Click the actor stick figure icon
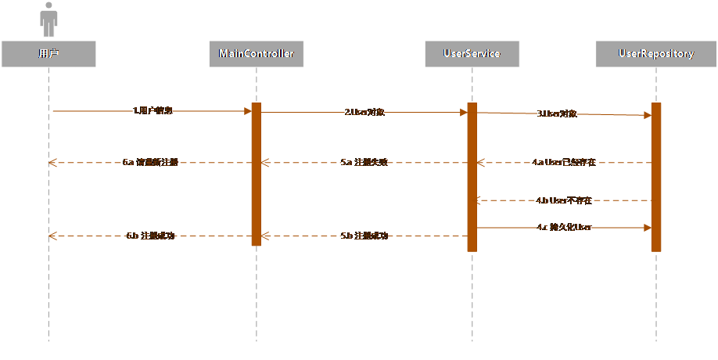tap(48, 19)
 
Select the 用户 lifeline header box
tap(48, 53)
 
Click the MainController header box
tap(256, 53)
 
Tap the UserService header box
tap(472, 53)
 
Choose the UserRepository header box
tap(655, 53)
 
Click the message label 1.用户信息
tap(153, 111)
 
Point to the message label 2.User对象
tap(364, 112)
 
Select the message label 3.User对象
tap(557, 113)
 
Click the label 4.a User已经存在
tap(564, 163)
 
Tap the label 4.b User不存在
tap(564, 200)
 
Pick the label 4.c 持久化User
tap(564, 228)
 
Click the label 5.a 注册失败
tap(364, 163)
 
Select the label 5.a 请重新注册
tap(151, 163)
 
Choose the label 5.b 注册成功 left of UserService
tap(364, 236)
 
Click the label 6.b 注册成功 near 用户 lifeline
tap(151, 236)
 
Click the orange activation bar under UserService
tap(472, 177)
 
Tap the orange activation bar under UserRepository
tap(655, 177)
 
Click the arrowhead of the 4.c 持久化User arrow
tap(647, 228)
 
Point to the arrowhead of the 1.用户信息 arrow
tap(246, 111)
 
